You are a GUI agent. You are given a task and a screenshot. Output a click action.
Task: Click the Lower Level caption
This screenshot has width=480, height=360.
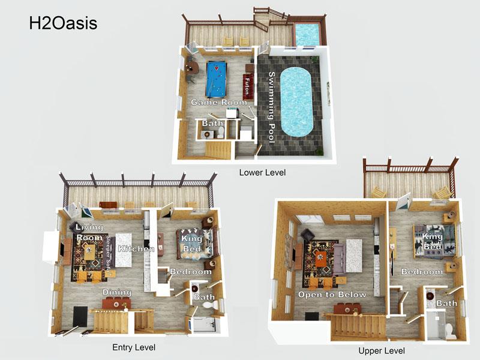262,173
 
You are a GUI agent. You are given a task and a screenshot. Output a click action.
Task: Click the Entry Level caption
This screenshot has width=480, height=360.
134,347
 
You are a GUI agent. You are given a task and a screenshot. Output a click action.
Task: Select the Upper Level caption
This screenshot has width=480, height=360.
381,350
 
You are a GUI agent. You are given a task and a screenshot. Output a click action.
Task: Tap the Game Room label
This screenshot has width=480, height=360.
219,103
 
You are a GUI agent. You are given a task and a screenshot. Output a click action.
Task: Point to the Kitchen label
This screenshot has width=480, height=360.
136,248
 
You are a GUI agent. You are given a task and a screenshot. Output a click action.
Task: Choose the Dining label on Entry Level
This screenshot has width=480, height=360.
116,292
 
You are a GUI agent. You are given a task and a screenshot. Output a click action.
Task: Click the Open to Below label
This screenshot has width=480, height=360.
332,295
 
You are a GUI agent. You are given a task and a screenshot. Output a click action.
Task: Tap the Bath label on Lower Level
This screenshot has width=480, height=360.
212,124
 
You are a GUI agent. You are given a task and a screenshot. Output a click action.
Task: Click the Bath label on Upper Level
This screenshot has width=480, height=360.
446,303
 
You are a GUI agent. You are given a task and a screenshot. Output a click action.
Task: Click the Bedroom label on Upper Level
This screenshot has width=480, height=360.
422,272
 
